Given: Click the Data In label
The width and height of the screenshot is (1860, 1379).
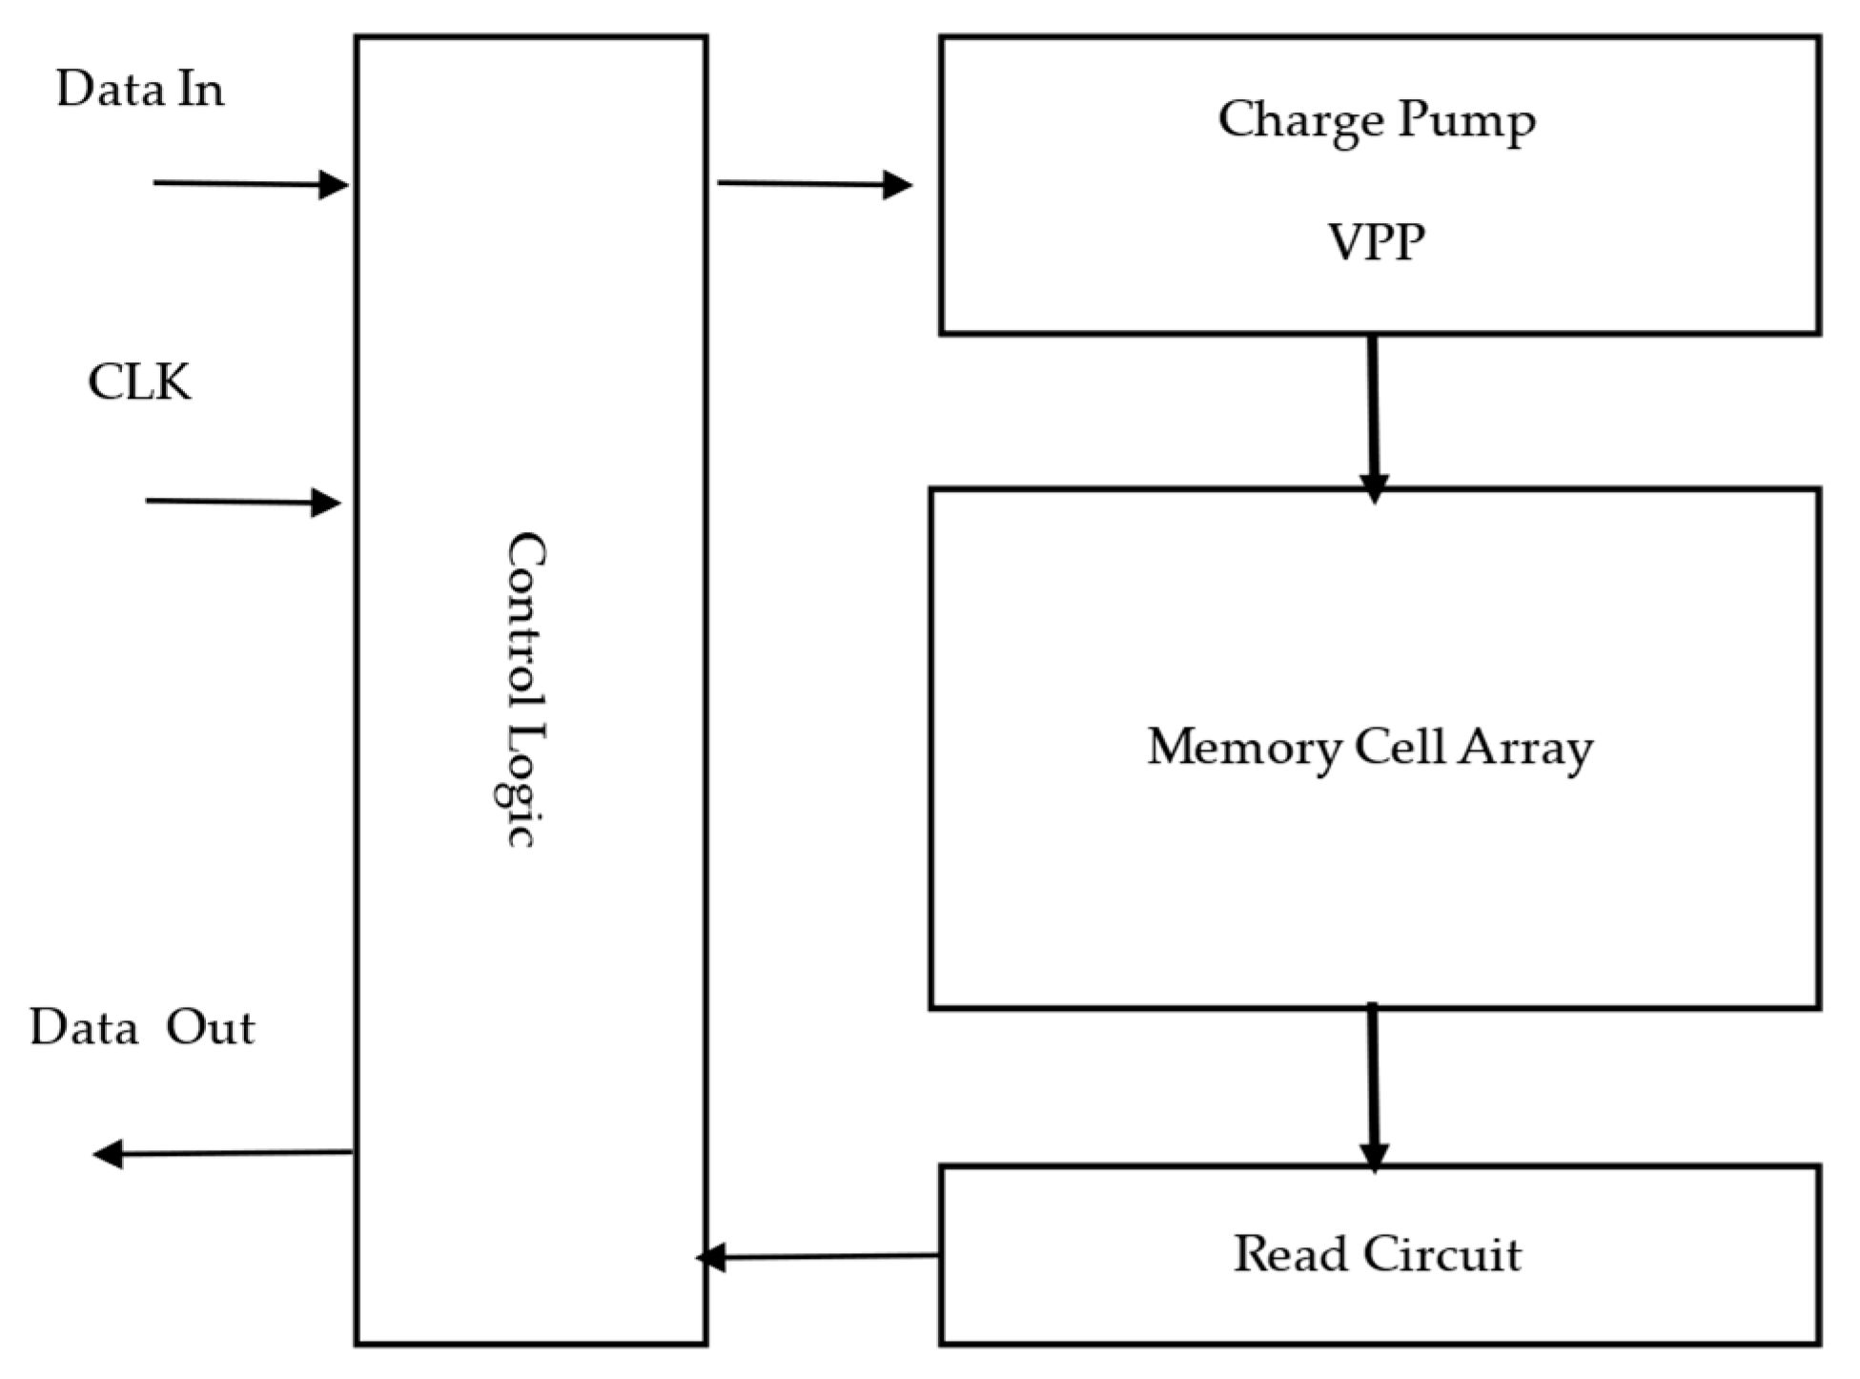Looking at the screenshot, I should pos(140,91).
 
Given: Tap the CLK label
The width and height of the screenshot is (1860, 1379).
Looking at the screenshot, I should pos(139,383).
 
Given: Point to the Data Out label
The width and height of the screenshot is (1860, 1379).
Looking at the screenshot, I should pos(142,1029).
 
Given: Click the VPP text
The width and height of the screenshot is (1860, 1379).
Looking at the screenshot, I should pos(1377,243).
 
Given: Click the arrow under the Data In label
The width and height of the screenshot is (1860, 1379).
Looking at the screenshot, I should pos(250,184).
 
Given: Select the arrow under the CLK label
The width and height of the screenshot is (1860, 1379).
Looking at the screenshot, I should pos(243,502).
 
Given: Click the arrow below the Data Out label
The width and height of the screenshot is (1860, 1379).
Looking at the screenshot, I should pos(222,1154).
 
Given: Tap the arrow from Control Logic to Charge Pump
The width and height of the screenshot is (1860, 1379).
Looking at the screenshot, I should pos(814,183).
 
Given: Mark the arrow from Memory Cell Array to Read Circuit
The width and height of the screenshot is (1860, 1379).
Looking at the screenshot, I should pos(1373,1087).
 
